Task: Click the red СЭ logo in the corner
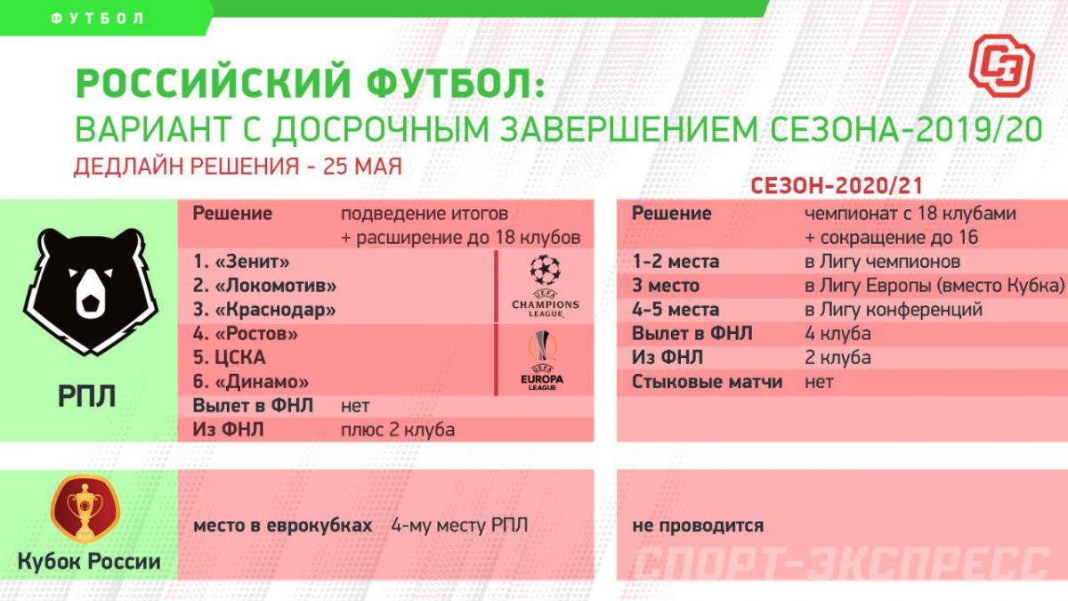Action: point(1001,65)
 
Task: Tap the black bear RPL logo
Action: point(91,291)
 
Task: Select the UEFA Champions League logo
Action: point(546,286)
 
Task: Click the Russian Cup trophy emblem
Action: point(85,509)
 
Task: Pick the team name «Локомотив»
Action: point(276,286)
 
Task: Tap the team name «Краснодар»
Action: point(276,310)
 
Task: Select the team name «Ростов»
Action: point(256,333)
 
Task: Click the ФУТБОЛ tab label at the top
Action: point(97,18)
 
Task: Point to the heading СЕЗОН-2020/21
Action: point(837,185)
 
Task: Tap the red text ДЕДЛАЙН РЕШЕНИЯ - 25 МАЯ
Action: point(238,166)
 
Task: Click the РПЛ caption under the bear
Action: point(87,396)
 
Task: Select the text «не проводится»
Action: point(698,525)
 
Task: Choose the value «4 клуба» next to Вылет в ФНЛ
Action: point(837,333)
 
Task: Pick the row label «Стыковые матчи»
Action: point(707,382)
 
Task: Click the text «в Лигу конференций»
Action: point(893,310)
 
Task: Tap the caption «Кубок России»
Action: point(89,562)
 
